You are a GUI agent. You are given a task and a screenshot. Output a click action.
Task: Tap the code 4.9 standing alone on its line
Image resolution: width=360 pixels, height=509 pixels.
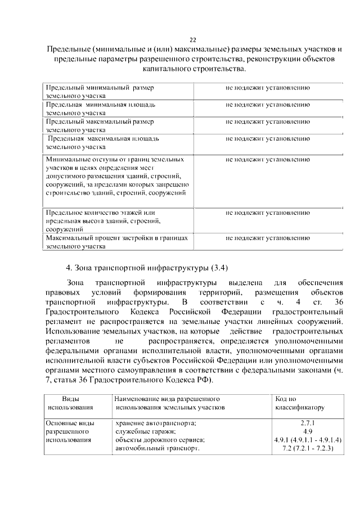(x=308, y=431)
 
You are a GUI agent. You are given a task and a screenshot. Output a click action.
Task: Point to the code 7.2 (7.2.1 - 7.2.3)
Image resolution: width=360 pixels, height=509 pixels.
(x=308, y=448)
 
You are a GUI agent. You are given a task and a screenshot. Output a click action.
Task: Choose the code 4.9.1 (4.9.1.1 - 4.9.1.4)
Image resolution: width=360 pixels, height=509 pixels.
(x=308, y=439)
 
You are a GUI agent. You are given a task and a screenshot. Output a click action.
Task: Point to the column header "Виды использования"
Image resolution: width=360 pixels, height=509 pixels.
(x=70, y=402)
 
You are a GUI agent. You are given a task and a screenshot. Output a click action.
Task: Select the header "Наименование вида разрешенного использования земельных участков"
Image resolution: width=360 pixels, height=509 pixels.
(x=169, y=402)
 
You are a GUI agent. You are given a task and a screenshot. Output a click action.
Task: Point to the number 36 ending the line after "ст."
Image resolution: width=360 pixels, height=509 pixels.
(x=338, y=303)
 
